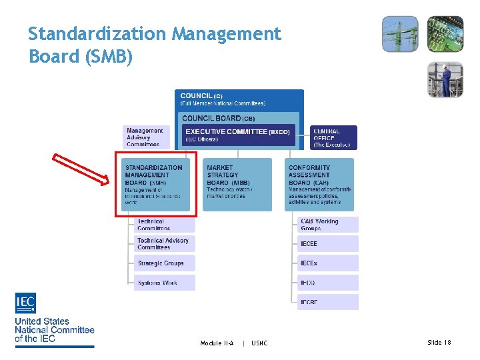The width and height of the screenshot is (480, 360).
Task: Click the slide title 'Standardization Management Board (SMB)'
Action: [155, 45]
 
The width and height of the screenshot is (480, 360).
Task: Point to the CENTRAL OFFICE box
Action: [333, 137]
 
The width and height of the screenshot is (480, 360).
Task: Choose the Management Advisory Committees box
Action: [145, 137]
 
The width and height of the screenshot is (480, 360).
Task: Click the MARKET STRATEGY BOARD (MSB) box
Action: [237, 184]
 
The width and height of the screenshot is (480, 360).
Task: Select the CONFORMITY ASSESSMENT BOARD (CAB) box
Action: [319, 184]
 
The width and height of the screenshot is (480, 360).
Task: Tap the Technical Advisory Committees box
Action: [164, 243]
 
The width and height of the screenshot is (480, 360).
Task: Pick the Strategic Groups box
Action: [164, 263]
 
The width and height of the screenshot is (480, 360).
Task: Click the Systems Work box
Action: [164, 283]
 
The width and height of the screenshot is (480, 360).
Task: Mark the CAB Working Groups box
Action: [327, 224]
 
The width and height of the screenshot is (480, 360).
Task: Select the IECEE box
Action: [327, 244]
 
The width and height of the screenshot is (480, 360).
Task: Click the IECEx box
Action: [327, 263]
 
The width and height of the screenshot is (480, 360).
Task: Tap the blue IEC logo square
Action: [25, 303]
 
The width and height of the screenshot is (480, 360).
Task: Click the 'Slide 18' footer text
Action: [439, 343]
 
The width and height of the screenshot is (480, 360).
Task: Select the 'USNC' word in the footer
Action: [259, 343]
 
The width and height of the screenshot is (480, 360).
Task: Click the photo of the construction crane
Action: [400, 34]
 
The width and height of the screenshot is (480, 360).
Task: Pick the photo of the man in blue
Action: [445, 79]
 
